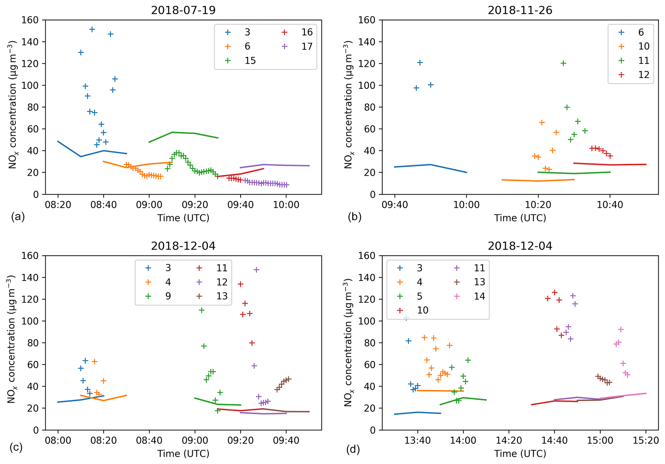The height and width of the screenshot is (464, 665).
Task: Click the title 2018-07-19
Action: (x=183, y=10)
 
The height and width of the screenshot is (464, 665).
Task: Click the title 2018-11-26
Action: (x=520, y=10)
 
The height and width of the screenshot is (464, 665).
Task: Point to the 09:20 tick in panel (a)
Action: (x=195, y=205)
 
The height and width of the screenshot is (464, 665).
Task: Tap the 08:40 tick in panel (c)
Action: (x=149, y=441)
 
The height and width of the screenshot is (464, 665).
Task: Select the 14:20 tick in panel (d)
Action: (x=509, y=441)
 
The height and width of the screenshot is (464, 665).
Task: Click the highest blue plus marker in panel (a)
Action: (x=92, y=30)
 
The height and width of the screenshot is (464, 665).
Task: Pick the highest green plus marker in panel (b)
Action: (x=563, y=63)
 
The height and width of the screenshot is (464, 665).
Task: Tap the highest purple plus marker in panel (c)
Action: (x=256, y=270)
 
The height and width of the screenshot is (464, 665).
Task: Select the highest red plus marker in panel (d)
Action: (x=554, y=292)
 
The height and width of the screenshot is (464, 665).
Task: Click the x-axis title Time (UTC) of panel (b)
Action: (x=520, y=218)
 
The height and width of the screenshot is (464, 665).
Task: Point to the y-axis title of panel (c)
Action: (x=12, y=343)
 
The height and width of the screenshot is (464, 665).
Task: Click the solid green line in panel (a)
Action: (x=183, y=133)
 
